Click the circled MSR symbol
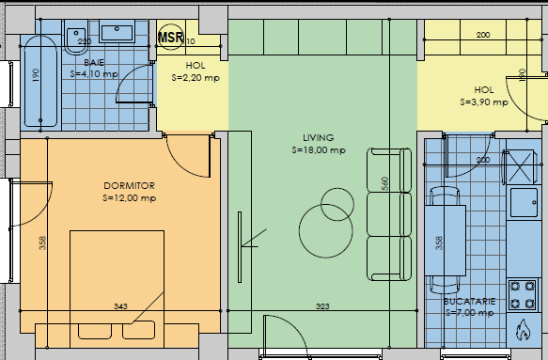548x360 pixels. tap(170, 38)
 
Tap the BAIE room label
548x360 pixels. tap(94, 62)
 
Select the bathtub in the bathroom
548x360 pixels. tap(39, 84)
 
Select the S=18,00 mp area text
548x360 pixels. tap(319, 149)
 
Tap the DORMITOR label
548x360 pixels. tap(129, 186)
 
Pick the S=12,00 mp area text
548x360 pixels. tap(129, 198)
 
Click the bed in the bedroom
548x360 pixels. tap(117, 282)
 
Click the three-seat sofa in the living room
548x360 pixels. tap(389, 213)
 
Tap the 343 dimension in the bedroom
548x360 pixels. tap(120, 306)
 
